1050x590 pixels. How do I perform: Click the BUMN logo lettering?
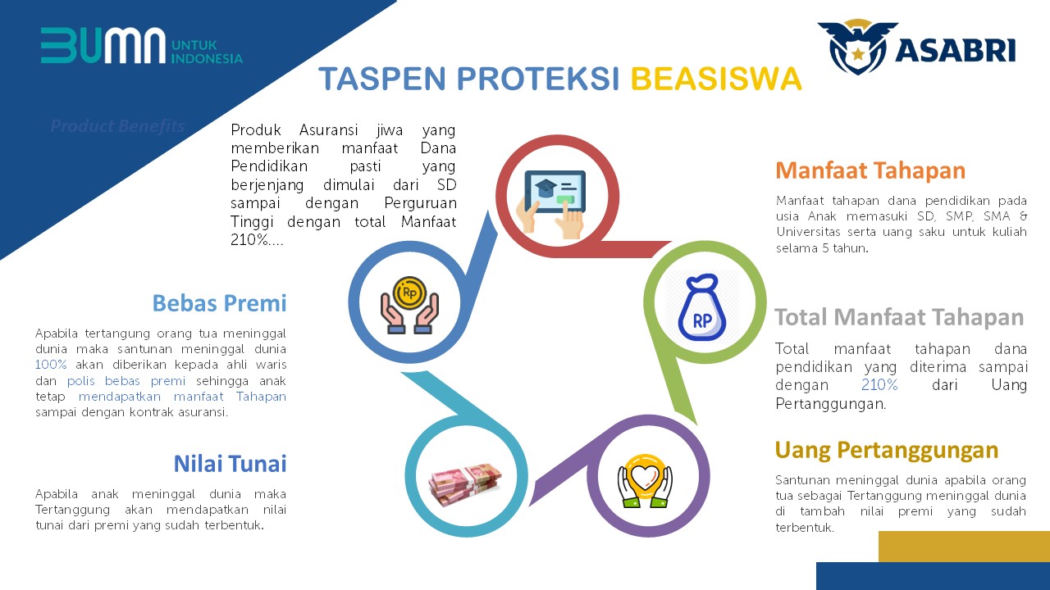(x=103, y=45)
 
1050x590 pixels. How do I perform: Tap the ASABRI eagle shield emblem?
(x=857, y=47)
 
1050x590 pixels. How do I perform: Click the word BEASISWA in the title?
(x=716, y=78)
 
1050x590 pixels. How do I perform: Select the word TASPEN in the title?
(x=382, y=78)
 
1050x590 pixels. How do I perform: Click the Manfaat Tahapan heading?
(x=870, y=170)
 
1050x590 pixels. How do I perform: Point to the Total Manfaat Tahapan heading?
(x=899, y=317)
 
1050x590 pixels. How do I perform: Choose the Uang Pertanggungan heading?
(x=887, y=451)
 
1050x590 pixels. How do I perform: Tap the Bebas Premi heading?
(x=219, y=303)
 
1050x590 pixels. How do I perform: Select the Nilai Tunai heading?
(x=231, y=464)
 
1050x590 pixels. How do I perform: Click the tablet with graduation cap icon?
(x=552, y=203)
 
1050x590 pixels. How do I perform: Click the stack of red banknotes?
(x=465, y=484)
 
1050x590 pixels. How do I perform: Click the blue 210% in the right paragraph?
(x=879, y=385)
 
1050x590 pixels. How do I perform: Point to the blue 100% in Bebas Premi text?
(x=51, y=365)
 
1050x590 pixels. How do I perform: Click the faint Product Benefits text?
(x=117, y=125)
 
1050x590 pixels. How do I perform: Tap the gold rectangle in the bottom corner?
(x=964, y=547)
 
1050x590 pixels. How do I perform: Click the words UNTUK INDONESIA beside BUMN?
(x=207, y=52)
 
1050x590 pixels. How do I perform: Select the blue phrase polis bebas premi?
(x=126, y=381)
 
